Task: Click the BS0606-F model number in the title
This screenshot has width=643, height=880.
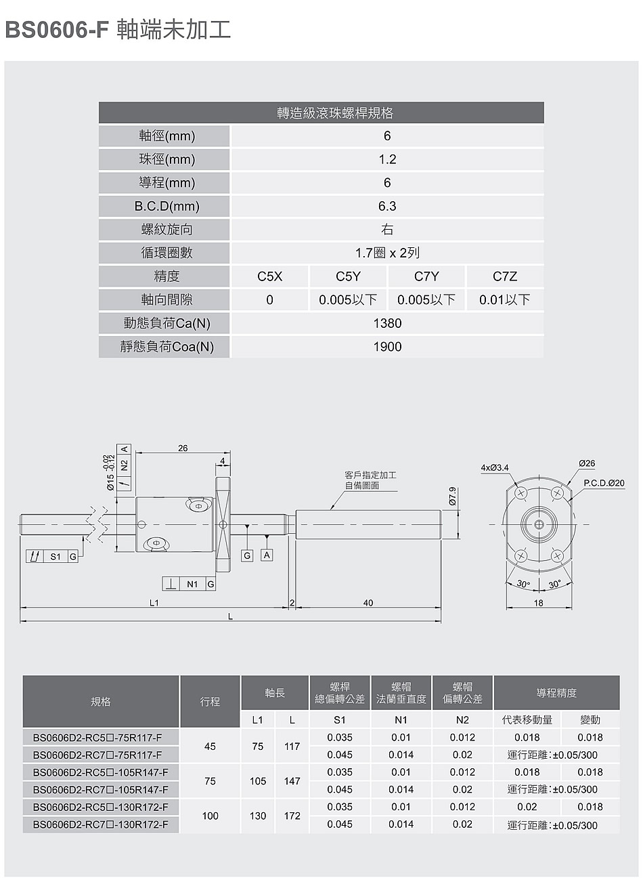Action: (x=57, y=30)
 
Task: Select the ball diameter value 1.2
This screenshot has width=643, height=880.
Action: (x=387, y=159)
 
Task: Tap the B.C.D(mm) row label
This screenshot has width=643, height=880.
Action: (x=167, y=206)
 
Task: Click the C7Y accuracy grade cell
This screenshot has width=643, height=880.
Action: (x=426, y=276)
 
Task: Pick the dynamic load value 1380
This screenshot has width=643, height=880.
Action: (x=387, y=323)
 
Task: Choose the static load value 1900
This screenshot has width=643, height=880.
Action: (x=387, y=346)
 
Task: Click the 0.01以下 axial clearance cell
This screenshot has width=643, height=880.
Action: (x=505, y=299)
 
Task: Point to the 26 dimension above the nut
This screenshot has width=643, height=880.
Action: (x=183, y=448)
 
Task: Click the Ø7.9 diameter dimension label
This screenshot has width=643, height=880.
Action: (x=452, y=496)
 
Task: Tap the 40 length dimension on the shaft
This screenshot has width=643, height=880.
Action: (x=368, y=603)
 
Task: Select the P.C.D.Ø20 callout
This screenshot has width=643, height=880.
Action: (x=604, y=483)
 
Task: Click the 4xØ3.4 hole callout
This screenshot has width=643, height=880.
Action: (x=495, y=467)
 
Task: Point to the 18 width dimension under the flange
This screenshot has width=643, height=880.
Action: (x=539, y=603)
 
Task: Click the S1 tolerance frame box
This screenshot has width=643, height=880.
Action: (x=52, y=556)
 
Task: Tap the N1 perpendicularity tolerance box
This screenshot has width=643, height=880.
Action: (x=189, y=584)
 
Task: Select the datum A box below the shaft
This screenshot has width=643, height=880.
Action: (x=267, y=555)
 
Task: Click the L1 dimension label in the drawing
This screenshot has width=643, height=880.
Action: (x=154, y=603)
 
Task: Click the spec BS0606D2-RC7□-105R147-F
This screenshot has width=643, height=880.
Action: (x=100, y=789)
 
